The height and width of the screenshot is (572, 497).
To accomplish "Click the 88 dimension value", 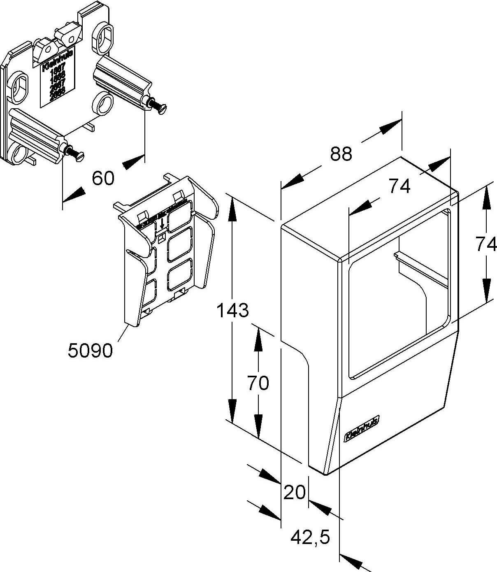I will (341, 154).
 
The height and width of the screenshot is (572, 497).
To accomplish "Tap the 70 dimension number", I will (258, 383).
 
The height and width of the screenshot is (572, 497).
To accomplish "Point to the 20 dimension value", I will (295, 492).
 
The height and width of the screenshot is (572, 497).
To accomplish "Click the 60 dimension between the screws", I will (103, 179).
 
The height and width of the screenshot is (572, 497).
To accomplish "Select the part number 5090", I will (90, 351).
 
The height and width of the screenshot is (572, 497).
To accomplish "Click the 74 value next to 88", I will (399, 187).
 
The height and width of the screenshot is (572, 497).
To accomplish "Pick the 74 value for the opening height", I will (486, 245).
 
